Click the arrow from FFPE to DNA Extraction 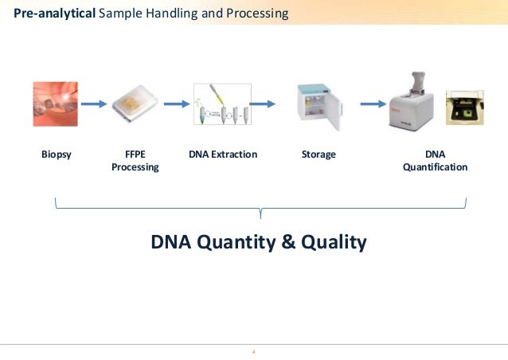[174, 103]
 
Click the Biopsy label [57, 155]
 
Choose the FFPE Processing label [135, 161]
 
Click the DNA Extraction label [223, 155]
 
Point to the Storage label [318, 155]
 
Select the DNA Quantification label [435, 161]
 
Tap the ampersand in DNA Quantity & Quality [288, 242]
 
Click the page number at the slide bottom [253, 351]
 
